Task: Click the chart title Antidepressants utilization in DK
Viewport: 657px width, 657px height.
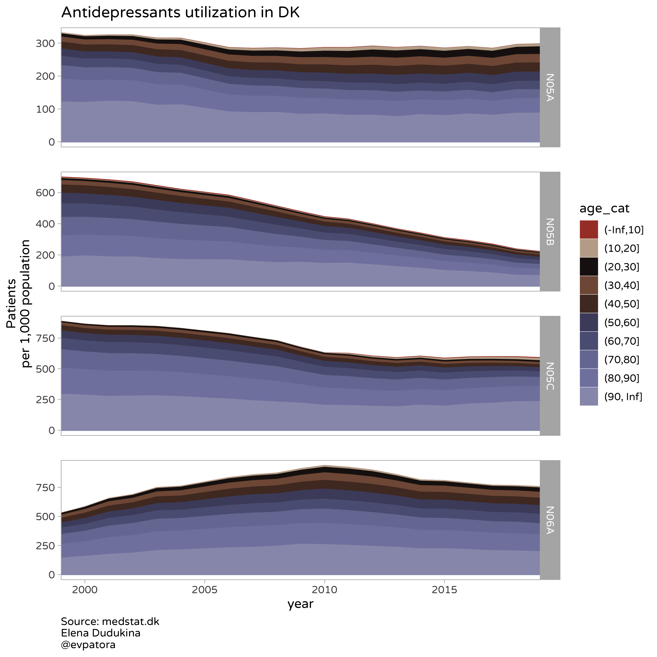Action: [x=180, y=13]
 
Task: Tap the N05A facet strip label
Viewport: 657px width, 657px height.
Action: [x=550, y=87]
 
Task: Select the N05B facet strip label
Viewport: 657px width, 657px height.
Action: [x=550, y=232]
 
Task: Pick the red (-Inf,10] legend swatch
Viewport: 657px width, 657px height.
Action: [x=589, y=229]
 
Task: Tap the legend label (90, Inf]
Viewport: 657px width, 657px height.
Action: [x=623, y=397]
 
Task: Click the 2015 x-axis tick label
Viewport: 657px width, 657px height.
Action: [x=444, y=589]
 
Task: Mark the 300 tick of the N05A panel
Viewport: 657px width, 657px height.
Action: [x=45, y=43]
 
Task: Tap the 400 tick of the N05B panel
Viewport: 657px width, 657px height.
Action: [x=45, y=224]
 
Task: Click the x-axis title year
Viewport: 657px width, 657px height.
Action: [x=300, y=604]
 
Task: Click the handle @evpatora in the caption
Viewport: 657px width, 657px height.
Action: [x=88, y=644]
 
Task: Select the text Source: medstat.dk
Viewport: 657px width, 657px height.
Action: [x=110, y=621]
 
